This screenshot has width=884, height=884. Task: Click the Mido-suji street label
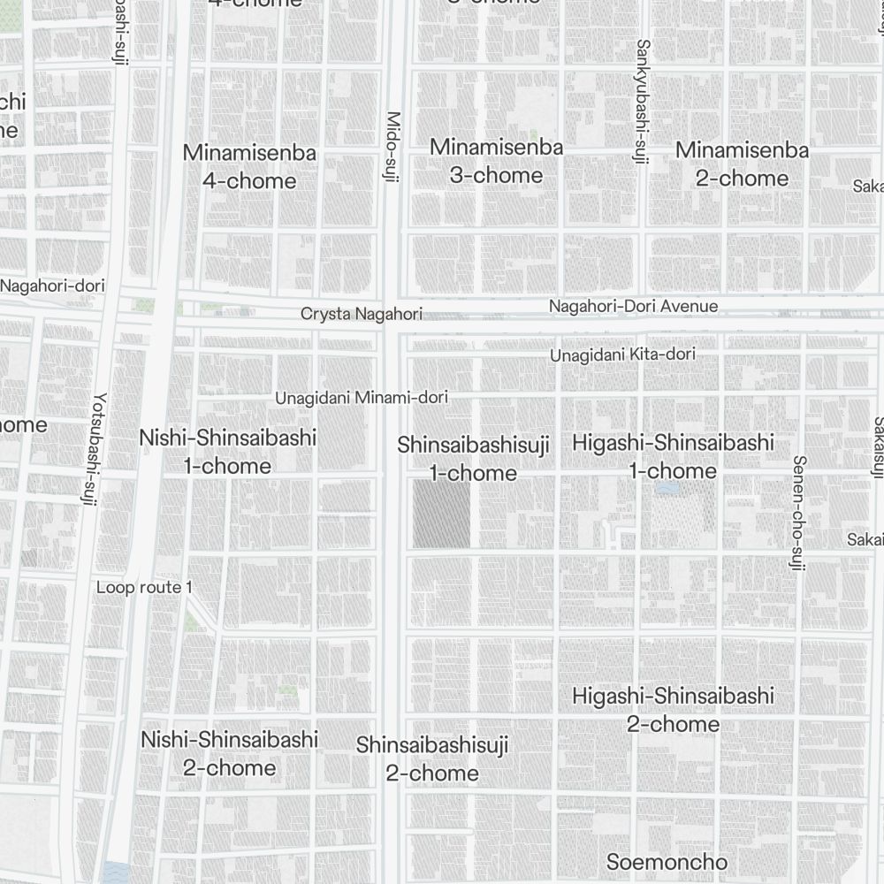tap(393, 148)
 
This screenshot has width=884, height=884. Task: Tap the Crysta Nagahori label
tap(361, 314)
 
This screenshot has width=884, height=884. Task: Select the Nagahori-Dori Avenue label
tap(633, 307)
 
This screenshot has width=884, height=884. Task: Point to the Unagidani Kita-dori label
tap(622, 354)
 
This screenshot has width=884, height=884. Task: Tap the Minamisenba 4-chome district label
tap(249, 166)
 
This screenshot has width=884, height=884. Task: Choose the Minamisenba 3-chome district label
tap(496, 161)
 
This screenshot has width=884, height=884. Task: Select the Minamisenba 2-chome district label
tap(742, 164)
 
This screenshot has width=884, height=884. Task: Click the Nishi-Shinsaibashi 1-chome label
tap(228, 451)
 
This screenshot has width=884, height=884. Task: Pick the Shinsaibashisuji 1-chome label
tap(473, 458)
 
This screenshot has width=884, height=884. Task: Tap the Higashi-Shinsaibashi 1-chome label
tap(673, 456)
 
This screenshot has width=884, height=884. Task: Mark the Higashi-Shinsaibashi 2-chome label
tap(673, 709)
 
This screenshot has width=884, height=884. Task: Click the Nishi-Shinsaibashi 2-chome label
tap(230, 752)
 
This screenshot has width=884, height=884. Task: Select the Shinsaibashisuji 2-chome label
tap(432, 759)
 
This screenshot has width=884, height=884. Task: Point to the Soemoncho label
tap(667, 862)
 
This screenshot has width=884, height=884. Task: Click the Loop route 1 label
tap(144, 588)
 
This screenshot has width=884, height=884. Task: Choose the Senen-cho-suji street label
tap(797, 512)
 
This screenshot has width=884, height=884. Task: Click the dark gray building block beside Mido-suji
tap(441, 514)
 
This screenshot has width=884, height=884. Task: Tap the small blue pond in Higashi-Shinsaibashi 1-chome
tap(667, 487)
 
